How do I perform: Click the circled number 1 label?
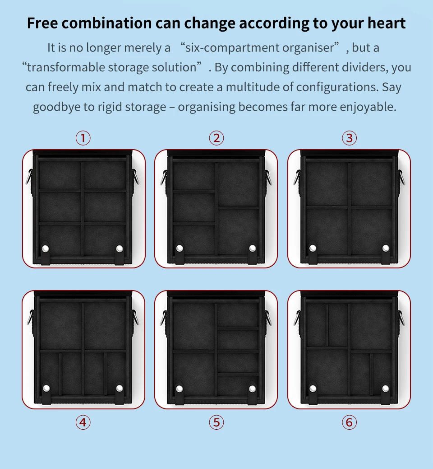pos(83,138)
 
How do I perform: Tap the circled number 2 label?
pos(216,138)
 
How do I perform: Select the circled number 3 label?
pos(349,138)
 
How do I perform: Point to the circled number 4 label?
pos(83,422)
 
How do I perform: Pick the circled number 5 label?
pos(216,422)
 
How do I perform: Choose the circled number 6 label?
pos(349,422)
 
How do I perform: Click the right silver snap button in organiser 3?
pos(386,248)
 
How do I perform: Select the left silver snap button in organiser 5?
pos(179,389)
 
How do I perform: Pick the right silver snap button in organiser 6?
pos(386,389)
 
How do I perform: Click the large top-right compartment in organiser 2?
pos(238,184)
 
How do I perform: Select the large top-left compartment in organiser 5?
pos(194,326)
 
